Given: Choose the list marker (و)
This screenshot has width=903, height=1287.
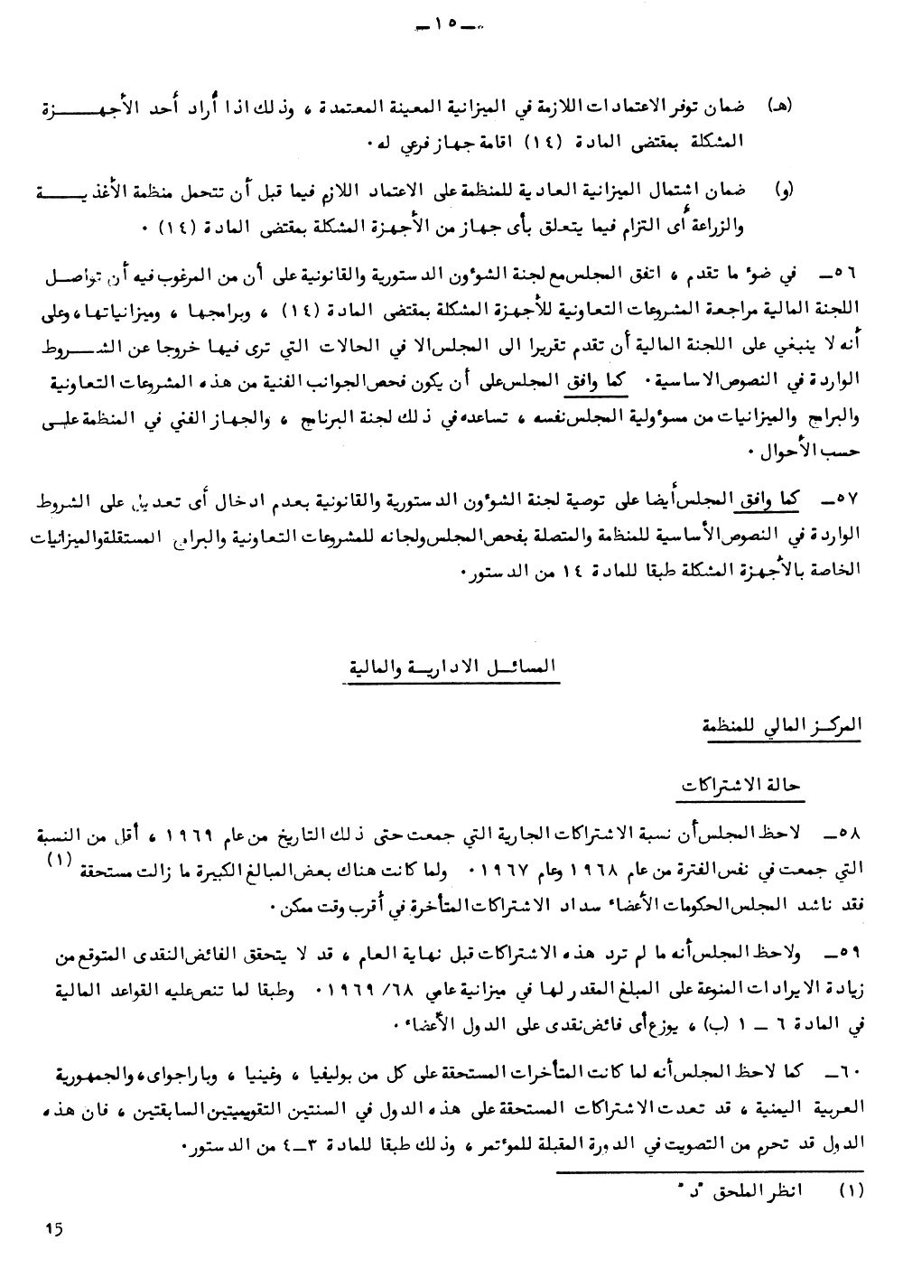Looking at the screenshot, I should (784, 191).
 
